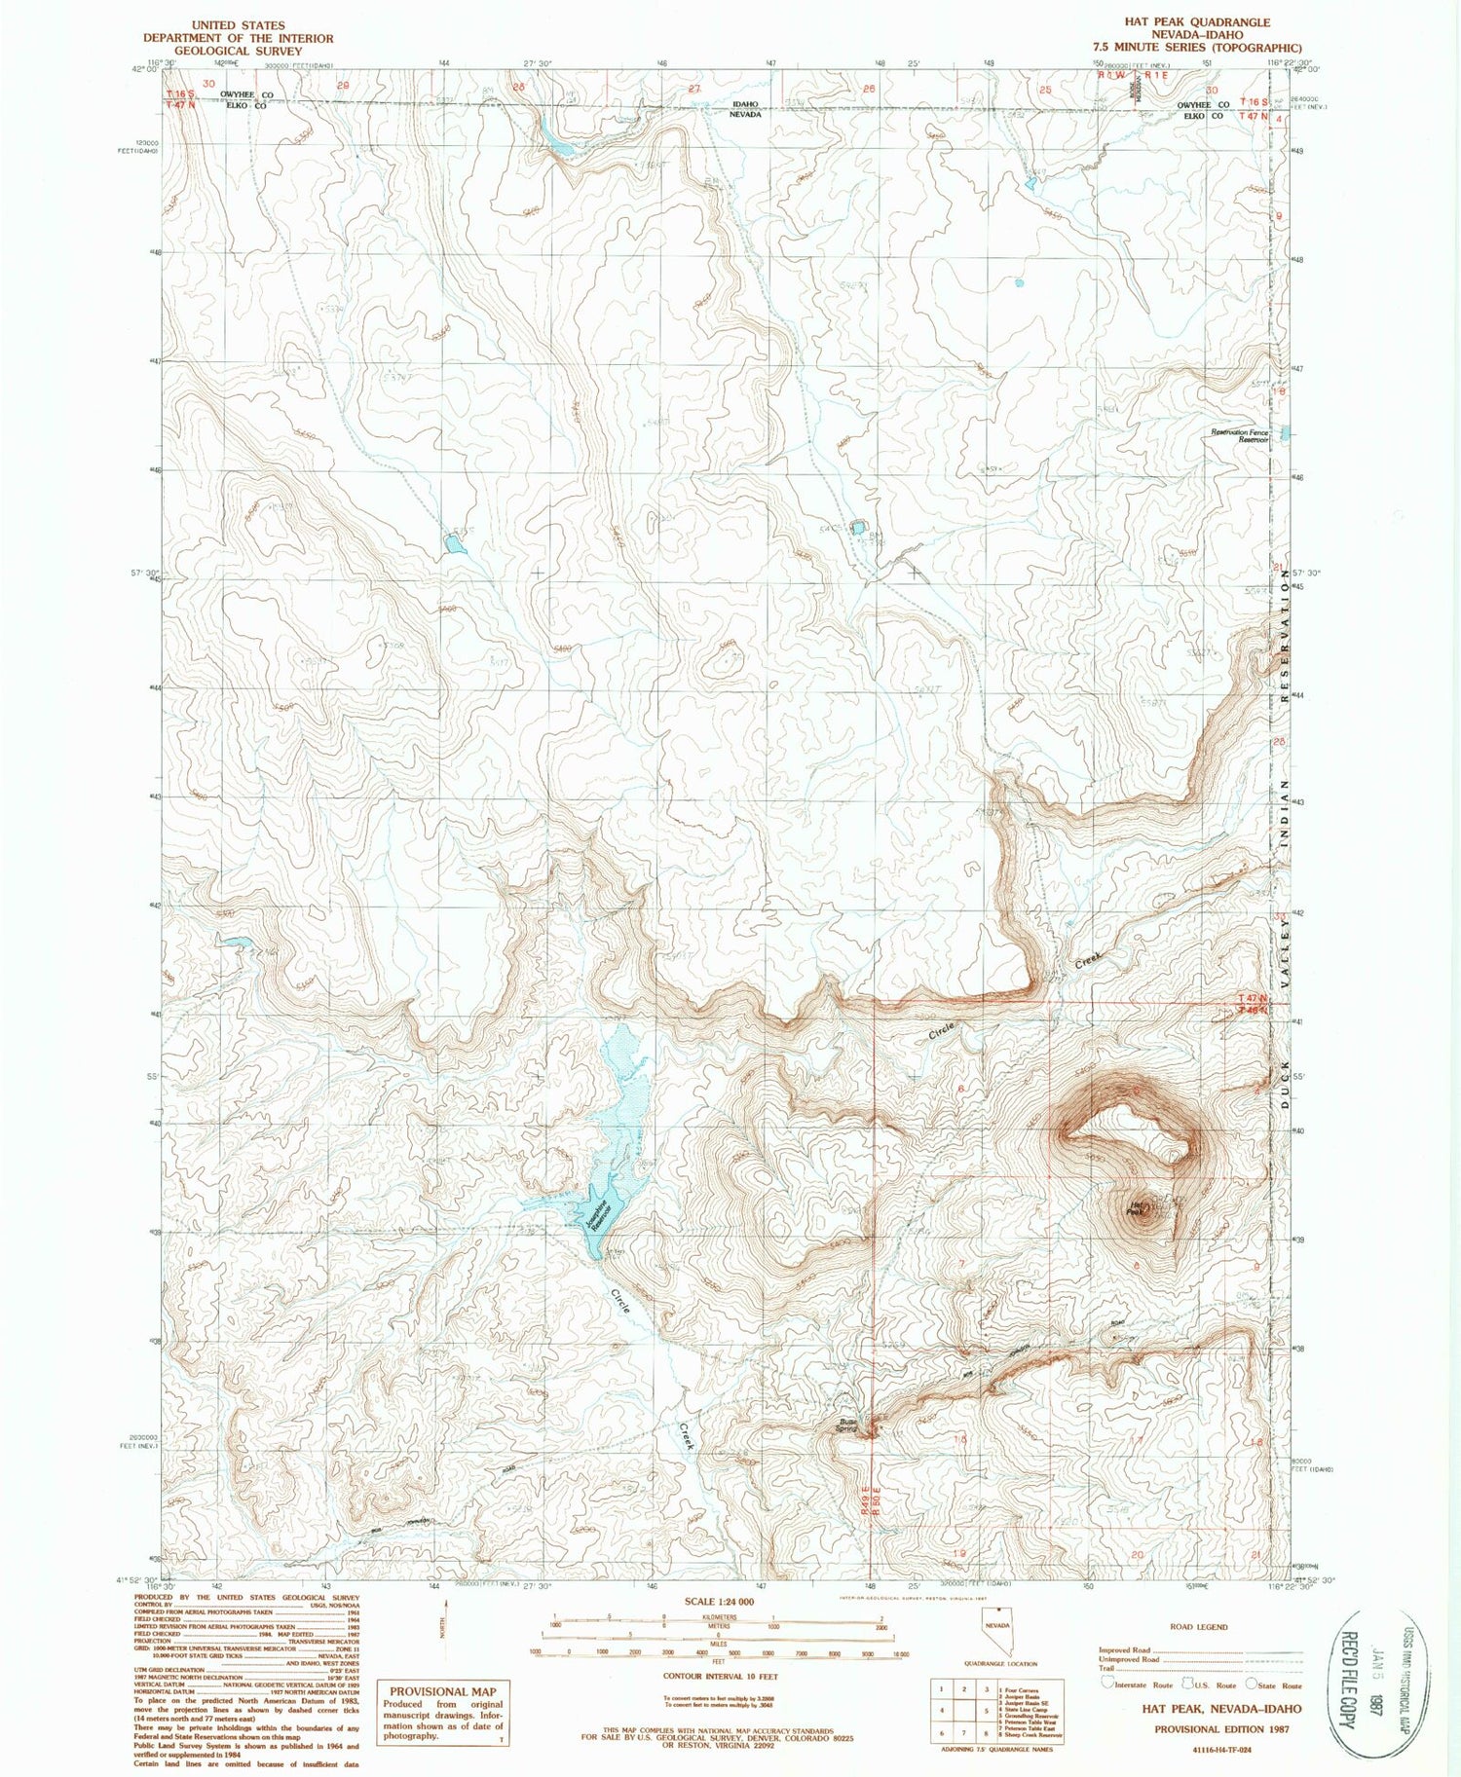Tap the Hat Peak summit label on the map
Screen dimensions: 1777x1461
coord(1135,1208)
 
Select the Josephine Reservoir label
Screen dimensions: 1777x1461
coord(600,1213)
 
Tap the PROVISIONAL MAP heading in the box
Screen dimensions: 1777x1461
coord(442,1692)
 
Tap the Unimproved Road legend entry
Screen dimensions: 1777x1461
coord(1129,1659)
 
